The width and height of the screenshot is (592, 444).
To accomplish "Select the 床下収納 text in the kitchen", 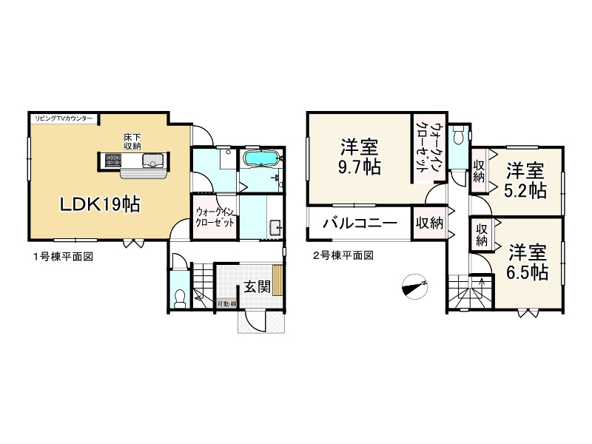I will click(132, 141).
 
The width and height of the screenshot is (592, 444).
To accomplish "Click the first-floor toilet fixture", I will click(178, 297).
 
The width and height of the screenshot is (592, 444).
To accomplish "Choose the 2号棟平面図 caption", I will click(342, 256).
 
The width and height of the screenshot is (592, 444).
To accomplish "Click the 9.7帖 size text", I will click(361, 166).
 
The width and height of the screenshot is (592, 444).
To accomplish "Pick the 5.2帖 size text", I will click(526, 190).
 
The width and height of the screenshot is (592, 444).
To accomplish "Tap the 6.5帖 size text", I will click(527, 272).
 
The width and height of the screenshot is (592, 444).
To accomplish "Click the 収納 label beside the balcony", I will click(429, 223).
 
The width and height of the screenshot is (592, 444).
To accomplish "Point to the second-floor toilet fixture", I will click(459, 137).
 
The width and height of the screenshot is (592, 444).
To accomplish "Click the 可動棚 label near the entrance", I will click(226, 304).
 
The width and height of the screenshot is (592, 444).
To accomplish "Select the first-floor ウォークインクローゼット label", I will click(215, 217).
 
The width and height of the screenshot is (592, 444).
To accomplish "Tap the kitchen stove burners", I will click(113, 159).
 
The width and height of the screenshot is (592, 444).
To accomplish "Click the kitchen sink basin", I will click(154, 159).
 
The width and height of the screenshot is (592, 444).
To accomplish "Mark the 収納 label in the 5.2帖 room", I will click(480, 171).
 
